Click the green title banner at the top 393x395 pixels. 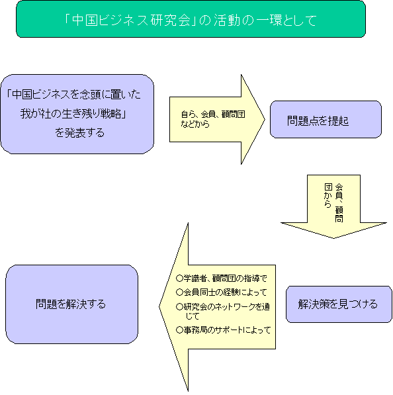(x=191, y=19)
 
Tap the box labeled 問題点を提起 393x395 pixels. (x=326, y=119)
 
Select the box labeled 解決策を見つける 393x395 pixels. (x=339, y=304)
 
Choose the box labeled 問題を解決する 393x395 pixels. (x=71, y=304)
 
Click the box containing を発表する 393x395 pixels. (x=77, y=114)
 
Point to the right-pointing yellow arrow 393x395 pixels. (x=217, y=119)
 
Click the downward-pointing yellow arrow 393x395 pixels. (x=333, y=206)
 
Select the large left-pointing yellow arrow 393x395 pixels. (x=217, y=307)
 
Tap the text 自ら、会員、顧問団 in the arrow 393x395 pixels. (x=213, y=114)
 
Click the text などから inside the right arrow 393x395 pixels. (x=195, y=124)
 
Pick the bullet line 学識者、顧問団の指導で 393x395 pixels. (x=222, y=279)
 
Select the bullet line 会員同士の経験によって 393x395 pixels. (x=222, y=292)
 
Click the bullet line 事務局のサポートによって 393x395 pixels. (x=223, y=330)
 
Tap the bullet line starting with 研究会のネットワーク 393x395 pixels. (x=223, y=311)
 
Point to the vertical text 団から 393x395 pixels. (x=328, y=195)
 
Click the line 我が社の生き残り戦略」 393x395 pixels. (x=73, y=114)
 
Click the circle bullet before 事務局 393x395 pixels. (x=179, y=330)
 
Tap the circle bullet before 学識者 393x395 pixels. (x=179, y=279)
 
